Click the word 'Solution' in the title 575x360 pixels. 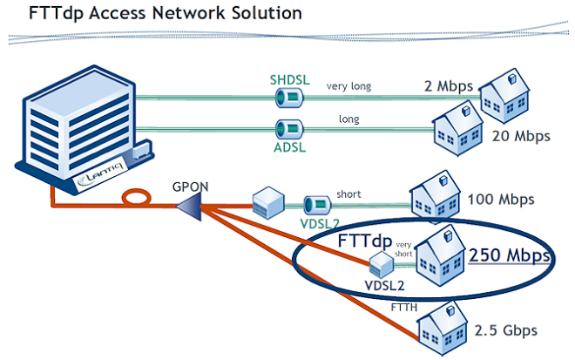point(260,14)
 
